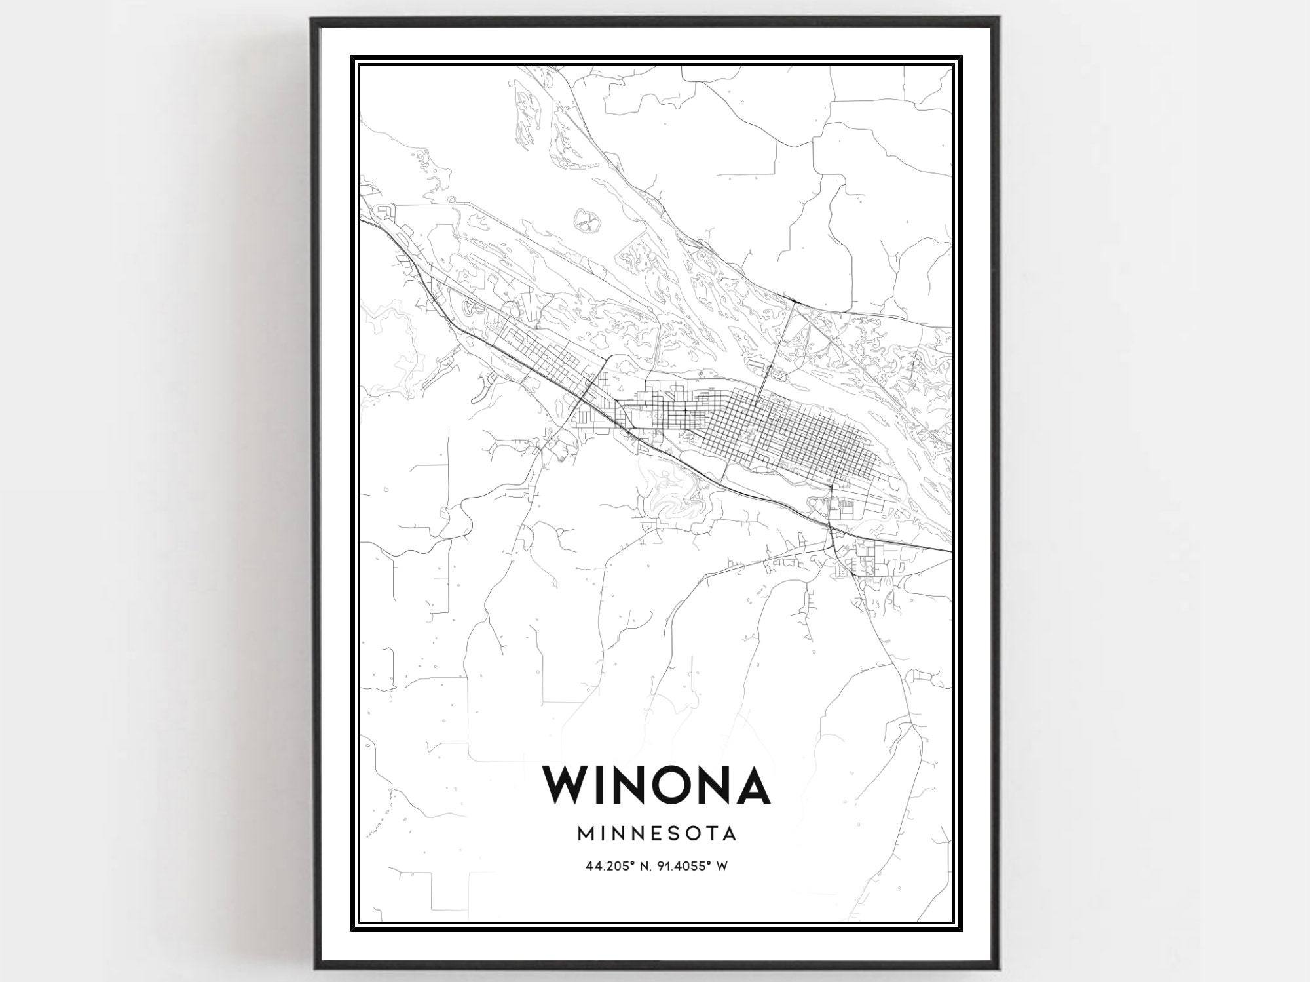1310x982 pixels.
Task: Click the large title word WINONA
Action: (656, 784)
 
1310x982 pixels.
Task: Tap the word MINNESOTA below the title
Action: (656, 834)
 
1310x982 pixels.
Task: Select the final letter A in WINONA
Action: (749, 784)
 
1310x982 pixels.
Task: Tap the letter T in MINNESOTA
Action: (713, 834)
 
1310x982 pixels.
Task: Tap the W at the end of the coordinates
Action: (722, 866)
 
